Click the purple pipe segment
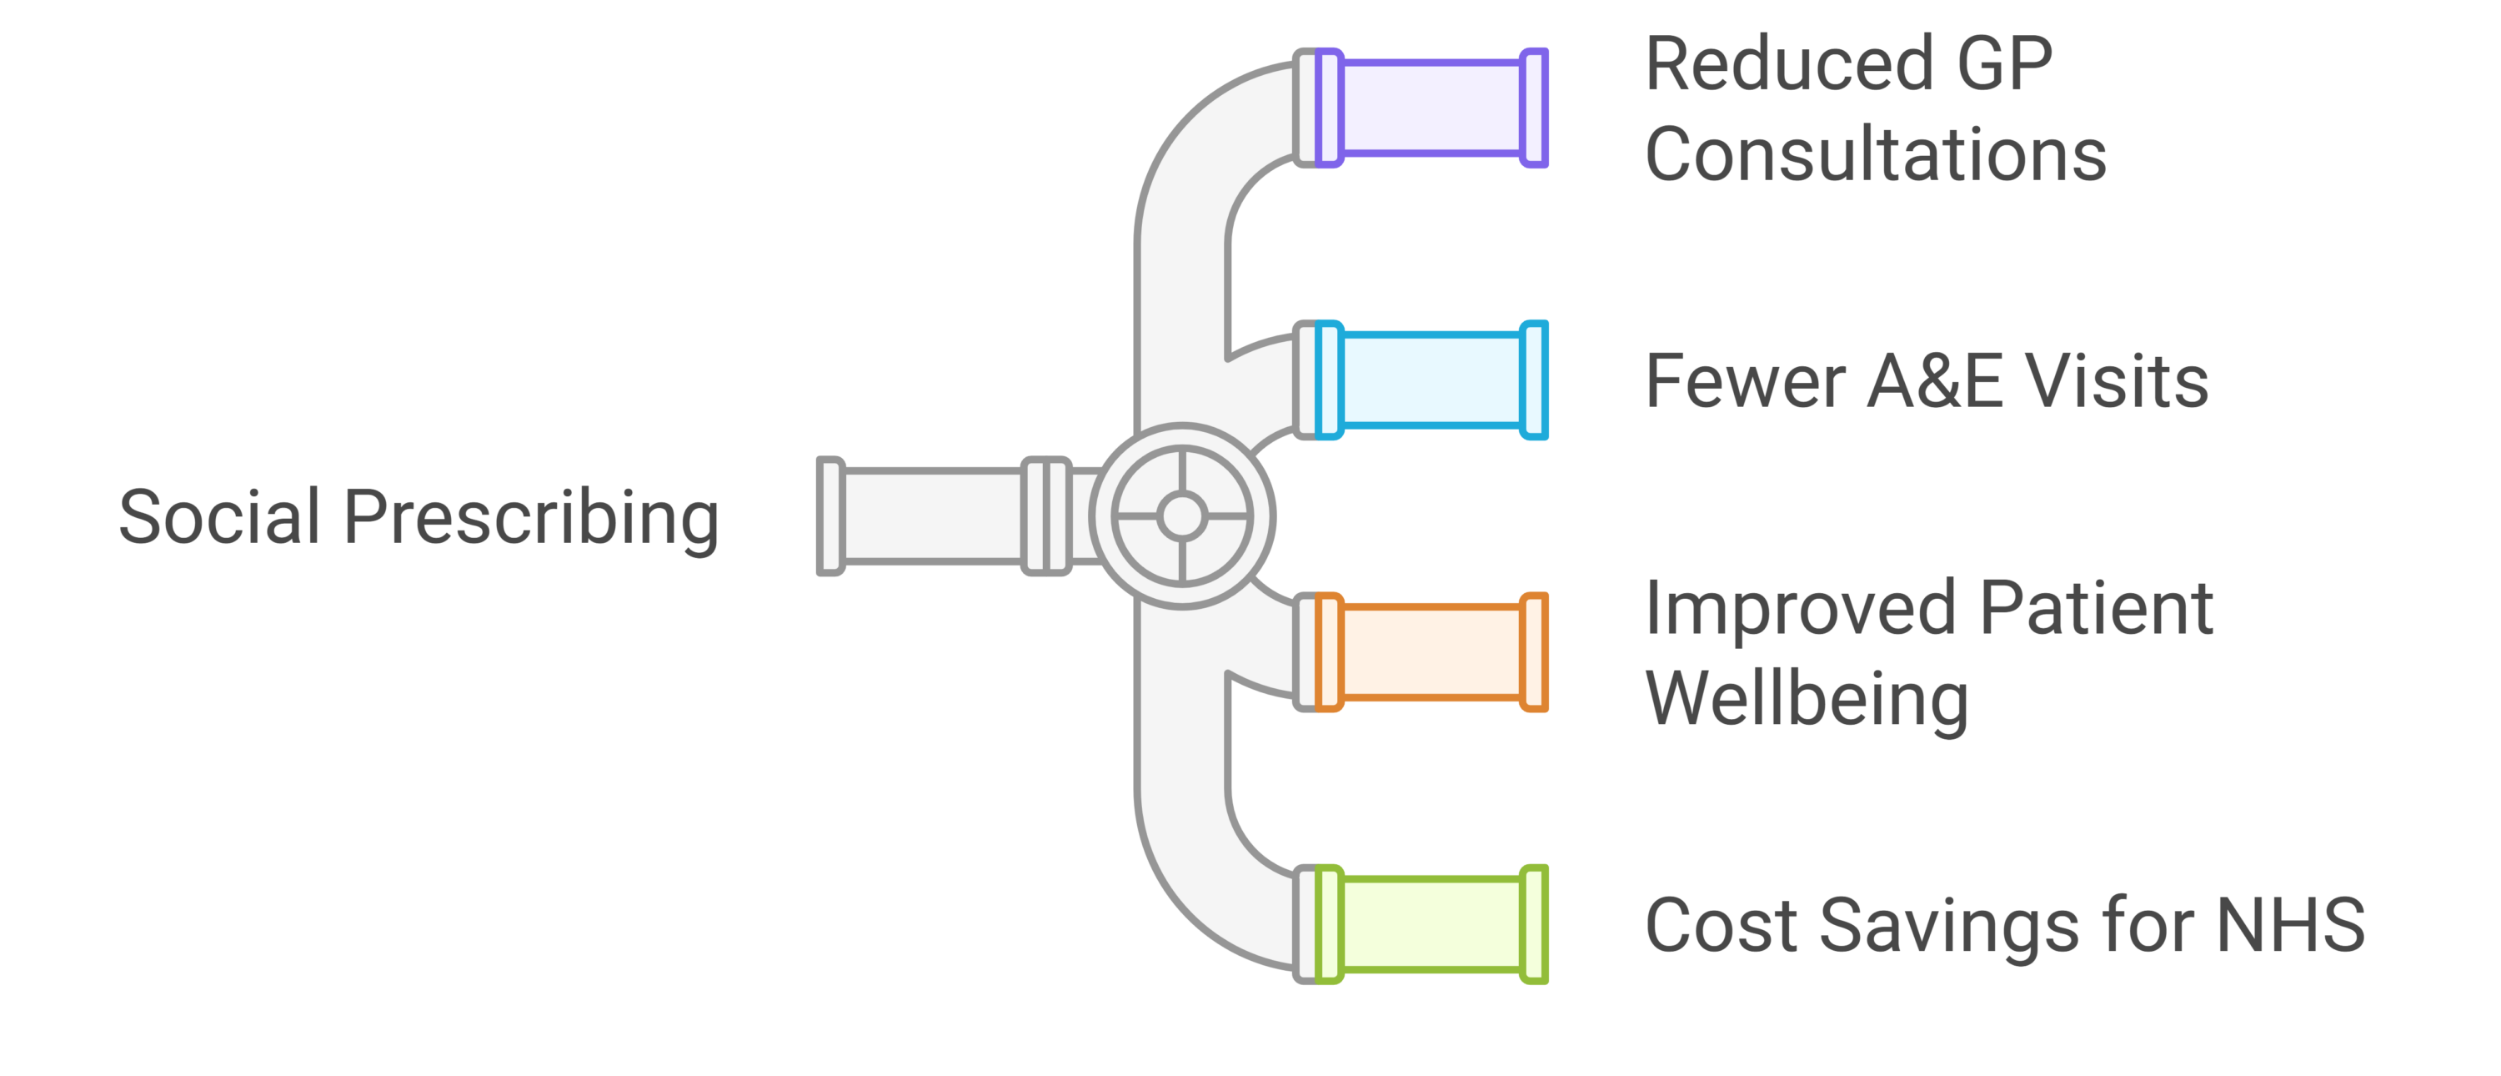click(1431, 108)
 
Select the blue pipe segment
click(1431, 380)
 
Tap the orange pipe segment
click(1431, 651)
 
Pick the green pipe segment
click(1431, 923)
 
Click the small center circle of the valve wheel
click(1181, 515)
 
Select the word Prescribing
click(531, 520)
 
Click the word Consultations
click(1876, 154)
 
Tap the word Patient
click(2096, 609)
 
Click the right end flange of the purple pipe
click(1534, 108)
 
